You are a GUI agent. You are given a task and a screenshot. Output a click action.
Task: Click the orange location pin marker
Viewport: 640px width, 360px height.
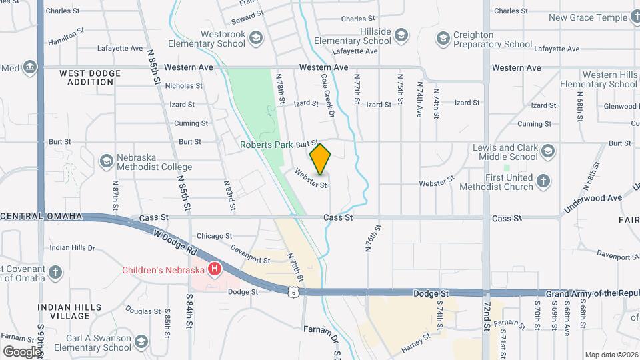321,159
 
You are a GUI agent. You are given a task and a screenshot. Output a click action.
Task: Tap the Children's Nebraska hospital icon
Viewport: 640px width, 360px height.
215,269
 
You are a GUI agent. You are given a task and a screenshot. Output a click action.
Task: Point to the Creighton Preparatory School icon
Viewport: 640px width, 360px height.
443,39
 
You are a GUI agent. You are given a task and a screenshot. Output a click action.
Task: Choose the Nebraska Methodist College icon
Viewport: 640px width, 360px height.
106,161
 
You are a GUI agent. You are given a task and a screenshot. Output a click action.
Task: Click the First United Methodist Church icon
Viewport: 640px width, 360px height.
543,181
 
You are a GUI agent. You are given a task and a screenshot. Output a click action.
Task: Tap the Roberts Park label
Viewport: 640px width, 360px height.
266,144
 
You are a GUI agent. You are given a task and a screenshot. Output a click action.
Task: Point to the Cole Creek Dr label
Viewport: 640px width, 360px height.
327,95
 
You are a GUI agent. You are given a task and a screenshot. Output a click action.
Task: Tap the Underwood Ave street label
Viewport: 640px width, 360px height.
593,199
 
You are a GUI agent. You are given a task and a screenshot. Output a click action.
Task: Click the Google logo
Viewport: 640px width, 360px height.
21,351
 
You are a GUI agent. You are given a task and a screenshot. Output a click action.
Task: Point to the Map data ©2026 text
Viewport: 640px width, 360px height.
611,355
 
